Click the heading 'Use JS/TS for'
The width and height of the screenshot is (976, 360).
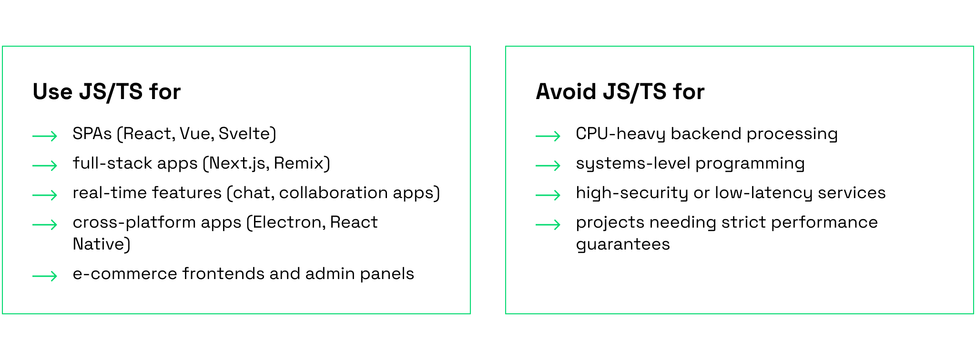[107, 91]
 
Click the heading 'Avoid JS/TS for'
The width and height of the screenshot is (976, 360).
[620, 91]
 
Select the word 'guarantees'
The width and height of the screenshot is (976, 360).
[623, 245]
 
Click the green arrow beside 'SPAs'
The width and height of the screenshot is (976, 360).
[45, 136]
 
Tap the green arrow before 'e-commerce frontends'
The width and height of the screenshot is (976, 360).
[45, 276]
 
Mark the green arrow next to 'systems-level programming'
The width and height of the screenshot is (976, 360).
[548, 166]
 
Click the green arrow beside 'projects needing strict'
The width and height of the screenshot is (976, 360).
[548, 225]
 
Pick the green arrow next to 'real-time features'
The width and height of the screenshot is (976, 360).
[45, 195]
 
